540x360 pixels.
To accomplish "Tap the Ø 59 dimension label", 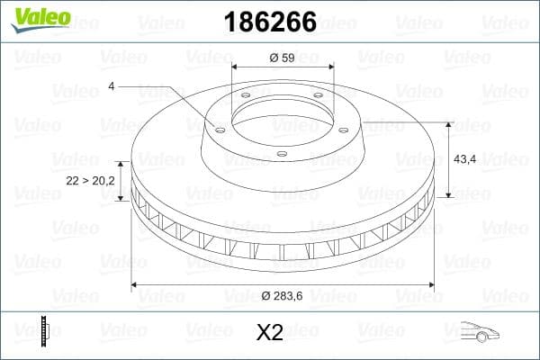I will click(282, 58).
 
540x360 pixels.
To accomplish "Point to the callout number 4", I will click(111, 85).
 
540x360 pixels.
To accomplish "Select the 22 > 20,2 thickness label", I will click(90, 181).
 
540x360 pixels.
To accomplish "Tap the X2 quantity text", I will click(269, 333).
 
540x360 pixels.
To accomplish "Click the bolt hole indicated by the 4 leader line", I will click(219, 128).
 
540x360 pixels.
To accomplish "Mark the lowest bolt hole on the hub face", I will click(281, 154).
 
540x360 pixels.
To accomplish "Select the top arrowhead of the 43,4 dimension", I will click(449, 124).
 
